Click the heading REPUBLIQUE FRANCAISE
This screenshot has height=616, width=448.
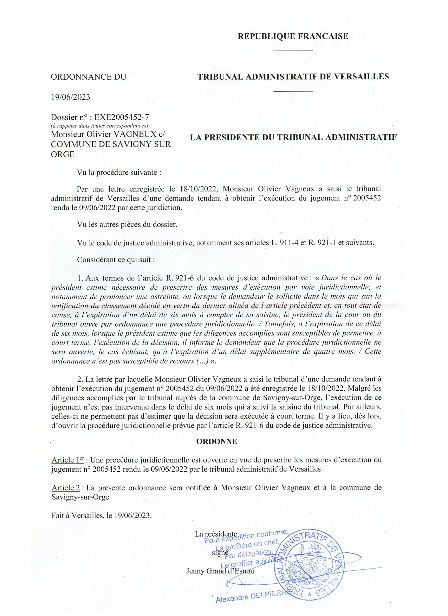click(x=293, y=36)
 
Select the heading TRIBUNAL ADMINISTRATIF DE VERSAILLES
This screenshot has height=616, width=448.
click(x=293, y=77)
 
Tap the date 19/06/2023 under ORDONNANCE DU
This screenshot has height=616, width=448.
click(x=71, y=97)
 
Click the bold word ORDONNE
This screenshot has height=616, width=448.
click(x=216, y=441)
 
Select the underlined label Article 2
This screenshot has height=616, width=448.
click(x=66, y=488)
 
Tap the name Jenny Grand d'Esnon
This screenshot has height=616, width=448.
click(x=220, y=571)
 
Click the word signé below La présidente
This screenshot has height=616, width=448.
click(x=220, y=552)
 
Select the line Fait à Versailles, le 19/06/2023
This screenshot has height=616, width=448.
click(x=102, y=516)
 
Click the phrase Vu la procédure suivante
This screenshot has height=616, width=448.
click(x=119, y=173)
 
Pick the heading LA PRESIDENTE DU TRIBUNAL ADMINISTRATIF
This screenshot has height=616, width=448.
click(x=293, y=137)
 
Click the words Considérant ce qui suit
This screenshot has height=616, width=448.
click(x=116, y=260)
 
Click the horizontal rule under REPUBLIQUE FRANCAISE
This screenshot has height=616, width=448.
click(x=293, y=51)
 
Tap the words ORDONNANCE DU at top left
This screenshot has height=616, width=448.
click(x=89, y=77)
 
